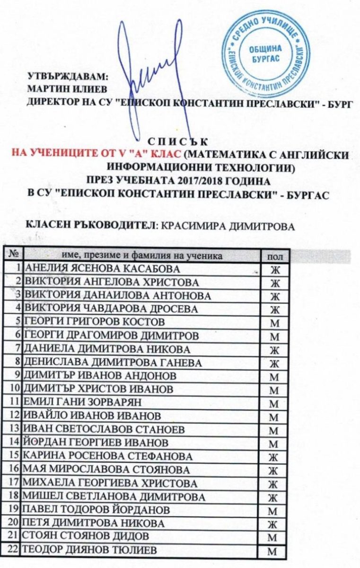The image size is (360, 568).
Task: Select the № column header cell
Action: (x=14, y=255)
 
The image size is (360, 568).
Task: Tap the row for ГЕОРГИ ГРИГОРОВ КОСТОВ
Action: (x=95, y=322)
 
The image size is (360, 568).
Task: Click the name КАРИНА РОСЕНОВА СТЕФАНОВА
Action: (x=108, y=457)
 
